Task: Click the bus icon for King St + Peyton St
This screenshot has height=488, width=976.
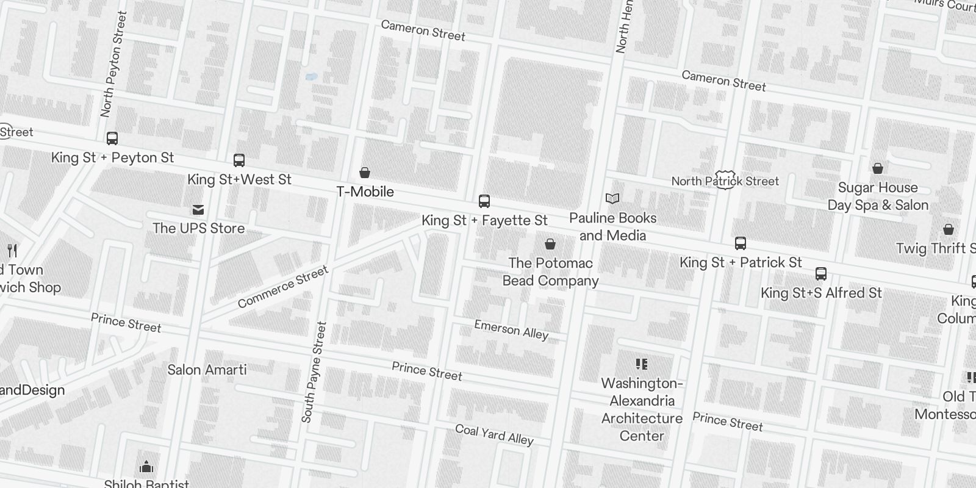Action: pos(112,138)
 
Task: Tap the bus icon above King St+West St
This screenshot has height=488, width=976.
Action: pos(239,160)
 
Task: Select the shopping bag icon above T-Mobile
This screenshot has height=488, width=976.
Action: pos(365,173)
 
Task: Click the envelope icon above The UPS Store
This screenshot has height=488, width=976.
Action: pos(198,210)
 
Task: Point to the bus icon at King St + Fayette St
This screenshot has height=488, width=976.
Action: pos(484,201)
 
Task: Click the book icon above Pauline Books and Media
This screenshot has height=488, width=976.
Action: pos(612,199)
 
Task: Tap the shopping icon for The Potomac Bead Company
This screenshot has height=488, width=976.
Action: pos(550,244)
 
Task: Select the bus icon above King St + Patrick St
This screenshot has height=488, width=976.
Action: pos(741,243)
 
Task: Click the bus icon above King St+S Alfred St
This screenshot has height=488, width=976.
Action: pos(821,274)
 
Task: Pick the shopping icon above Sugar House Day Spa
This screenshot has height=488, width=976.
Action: pos(878,168)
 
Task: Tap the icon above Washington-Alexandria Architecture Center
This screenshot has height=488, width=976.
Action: pos(642,364)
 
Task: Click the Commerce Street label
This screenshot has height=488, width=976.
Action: pos(283,287)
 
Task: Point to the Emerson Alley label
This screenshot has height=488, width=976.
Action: pos(511,330)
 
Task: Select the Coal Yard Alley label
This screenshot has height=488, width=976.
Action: pos(494,434)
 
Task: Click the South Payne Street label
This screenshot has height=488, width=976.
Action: pos(314,372)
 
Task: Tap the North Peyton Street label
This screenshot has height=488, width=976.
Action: pos(114,64)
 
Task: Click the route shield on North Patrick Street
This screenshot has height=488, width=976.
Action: pos(725,180)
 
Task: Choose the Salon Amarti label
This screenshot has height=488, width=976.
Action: pos(207,370)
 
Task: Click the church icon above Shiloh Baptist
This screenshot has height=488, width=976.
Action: pos(146,467)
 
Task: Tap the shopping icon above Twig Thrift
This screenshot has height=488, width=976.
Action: pos(949,229)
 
